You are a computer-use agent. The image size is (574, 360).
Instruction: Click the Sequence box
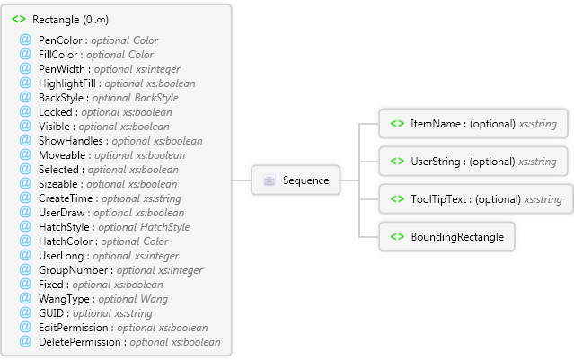tap(296, 180)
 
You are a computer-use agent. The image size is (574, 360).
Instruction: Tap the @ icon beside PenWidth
tap(25, 69)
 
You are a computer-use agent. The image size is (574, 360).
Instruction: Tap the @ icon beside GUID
tap(25, 313)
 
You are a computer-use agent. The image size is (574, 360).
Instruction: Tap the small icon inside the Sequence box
tap(269, 180)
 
